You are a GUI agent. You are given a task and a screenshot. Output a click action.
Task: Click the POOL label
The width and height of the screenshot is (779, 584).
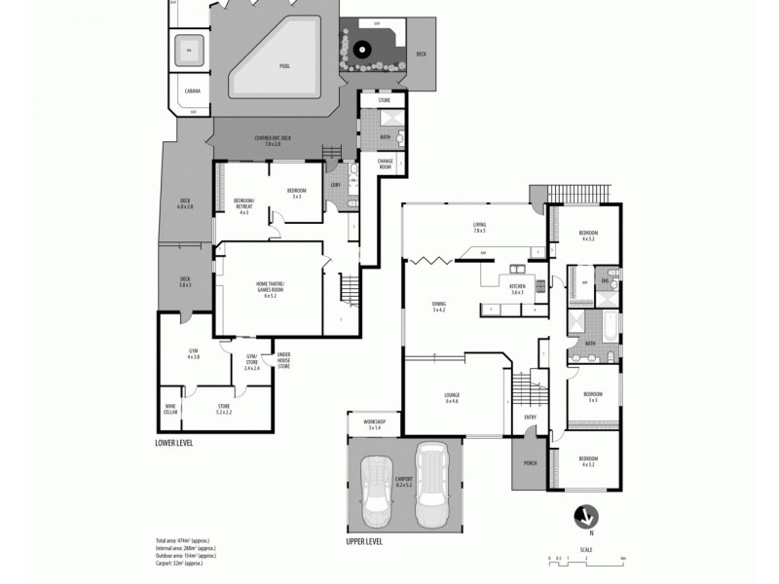coord(284,66)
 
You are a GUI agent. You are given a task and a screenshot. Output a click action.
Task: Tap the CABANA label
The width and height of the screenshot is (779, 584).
coord(191,93)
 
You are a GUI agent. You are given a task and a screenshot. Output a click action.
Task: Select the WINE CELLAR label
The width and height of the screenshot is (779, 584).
coord(170,410)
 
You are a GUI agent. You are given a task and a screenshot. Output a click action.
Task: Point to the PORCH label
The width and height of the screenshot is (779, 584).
coord(531,463)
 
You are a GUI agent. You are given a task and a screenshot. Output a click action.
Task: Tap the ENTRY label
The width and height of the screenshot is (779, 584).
coord(531,419)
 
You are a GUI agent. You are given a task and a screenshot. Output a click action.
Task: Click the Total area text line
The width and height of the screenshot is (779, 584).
coord(185,540)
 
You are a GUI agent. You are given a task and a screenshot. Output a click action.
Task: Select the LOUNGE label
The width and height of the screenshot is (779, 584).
coord(451,397)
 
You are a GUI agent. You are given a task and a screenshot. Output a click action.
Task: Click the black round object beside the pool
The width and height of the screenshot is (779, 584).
coord(362,48)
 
